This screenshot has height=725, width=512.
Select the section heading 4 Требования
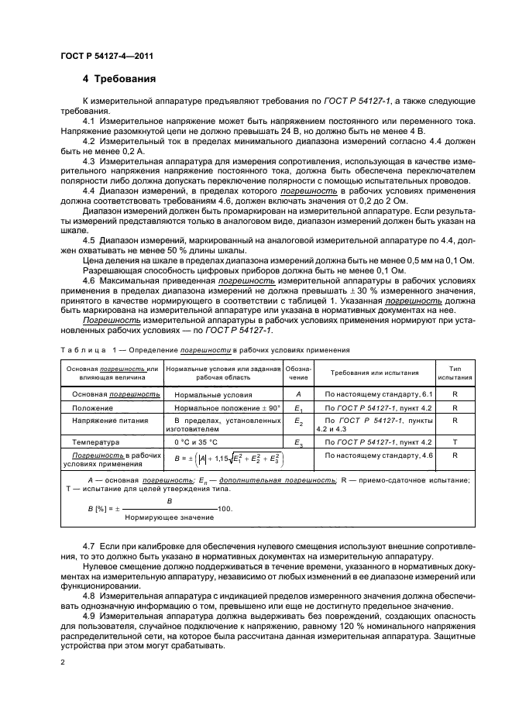pyautogui.click(x=119, y=78)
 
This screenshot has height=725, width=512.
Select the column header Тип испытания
pyautogui.click(x=454, y=373)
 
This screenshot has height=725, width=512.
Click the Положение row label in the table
pyautogui.click(x=92, y=407)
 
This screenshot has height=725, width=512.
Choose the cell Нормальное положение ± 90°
pyautogui.click(x=221, y=407)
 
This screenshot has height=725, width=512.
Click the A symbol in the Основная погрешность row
pyautogui.click(x=298, y=394)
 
